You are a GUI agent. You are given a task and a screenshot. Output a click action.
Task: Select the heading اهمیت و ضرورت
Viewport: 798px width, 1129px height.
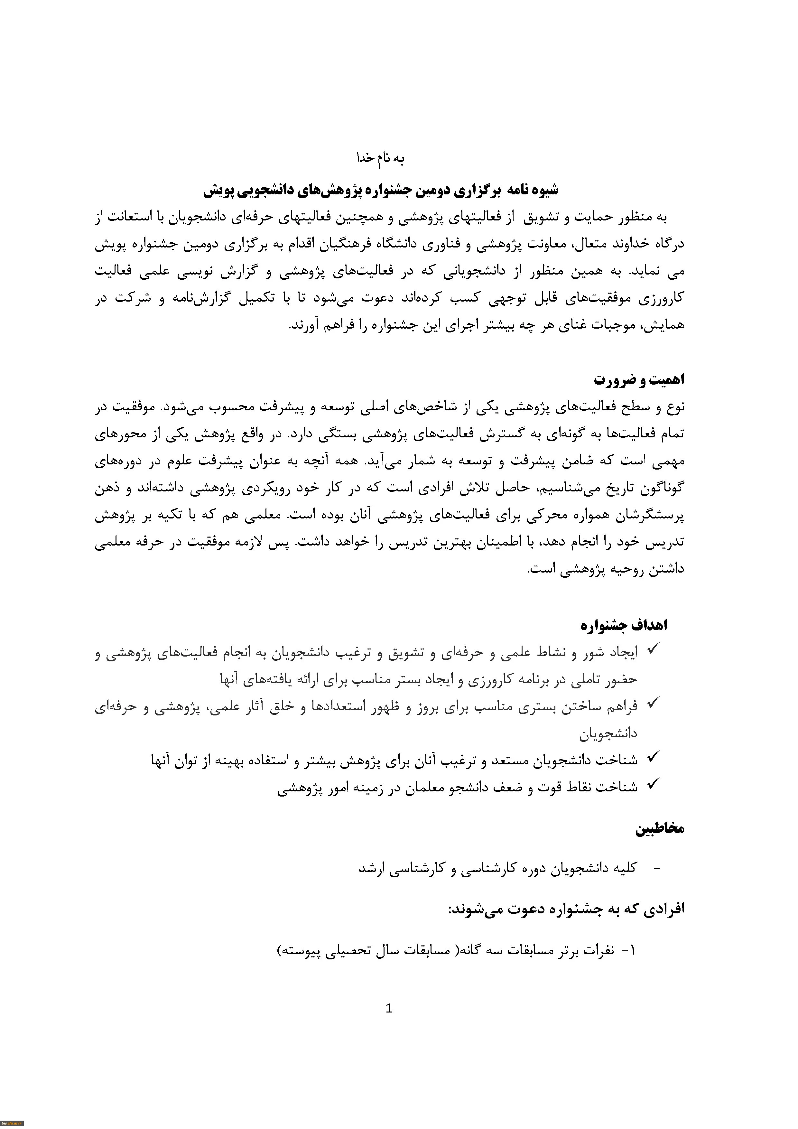tap(639, 380)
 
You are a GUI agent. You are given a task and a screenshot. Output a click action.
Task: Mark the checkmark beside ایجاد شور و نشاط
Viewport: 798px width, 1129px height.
tap(653, 650)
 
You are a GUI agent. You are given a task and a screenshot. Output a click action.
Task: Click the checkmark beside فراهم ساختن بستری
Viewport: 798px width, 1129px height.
tap(653, 704)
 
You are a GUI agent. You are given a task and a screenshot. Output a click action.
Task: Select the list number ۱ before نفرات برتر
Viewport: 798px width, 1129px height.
tap(632, 950)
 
